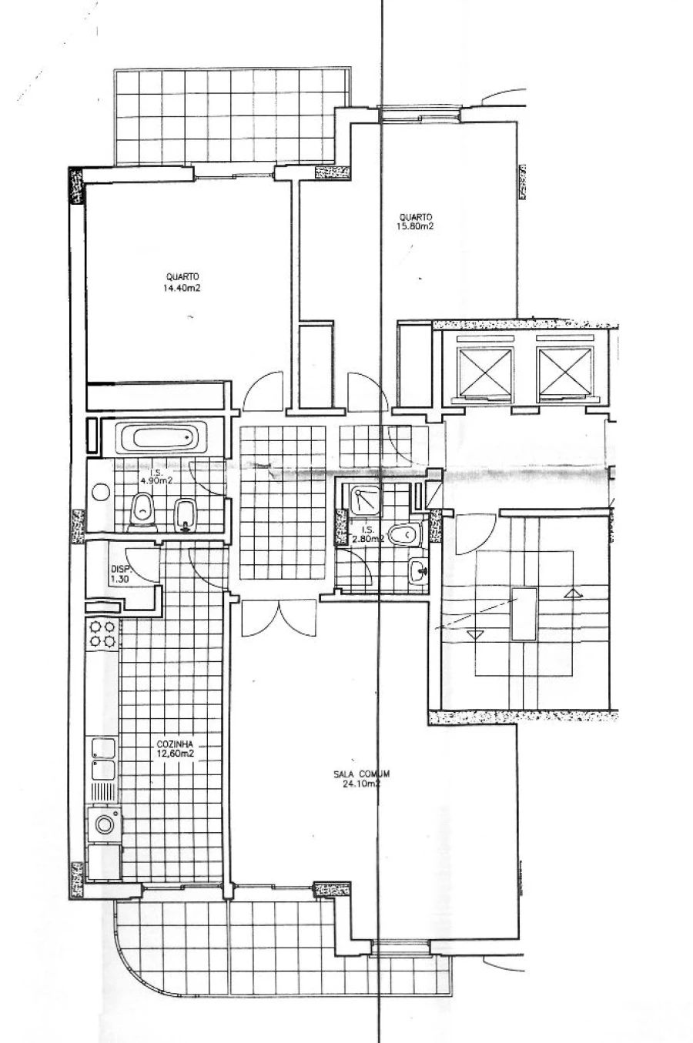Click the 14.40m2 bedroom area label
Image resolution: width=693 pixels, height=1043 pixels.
tap(182, 289)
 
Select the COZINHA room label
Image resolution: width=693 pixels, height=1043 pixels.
tap(175, 744)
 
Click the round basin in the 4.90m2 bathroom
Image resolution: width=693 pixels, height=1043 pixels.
tap(100, 492)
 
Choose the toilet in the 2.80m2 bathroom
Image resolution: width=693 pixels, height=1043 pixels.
tap(402, 533)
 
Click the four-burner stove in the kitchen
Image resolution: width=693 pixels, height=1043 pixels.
tap(102, 633)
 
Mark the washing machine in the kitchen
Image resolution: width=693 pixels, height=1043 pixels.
tap(103, 824)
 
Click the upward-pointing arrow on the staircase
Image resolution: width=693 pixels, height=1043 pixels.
tap(571, 593)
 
